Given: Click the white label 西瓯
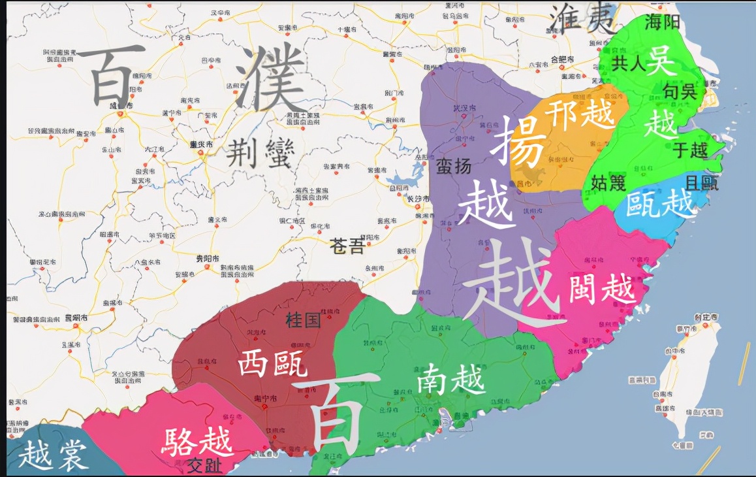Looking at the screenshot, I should (x=272, y=362).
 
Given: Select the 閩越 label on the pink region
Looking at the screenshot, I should (x=601, y=288).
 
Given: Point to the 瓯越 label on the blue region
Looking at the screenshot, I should (x=659, y=204).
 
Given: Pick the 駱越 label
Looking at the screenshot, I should (x=197, y=442).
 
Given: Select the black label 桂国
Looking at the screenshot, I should (x=304, y=320).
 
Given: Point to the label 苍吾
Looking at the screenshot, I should (x=347, y=246).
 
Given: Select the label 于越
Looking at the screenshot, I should (x=690, y=150).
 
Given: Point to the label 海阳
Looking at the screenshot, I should (x=662, y=23).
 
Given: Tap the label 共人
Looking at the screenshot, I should (x=629, y=63).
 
